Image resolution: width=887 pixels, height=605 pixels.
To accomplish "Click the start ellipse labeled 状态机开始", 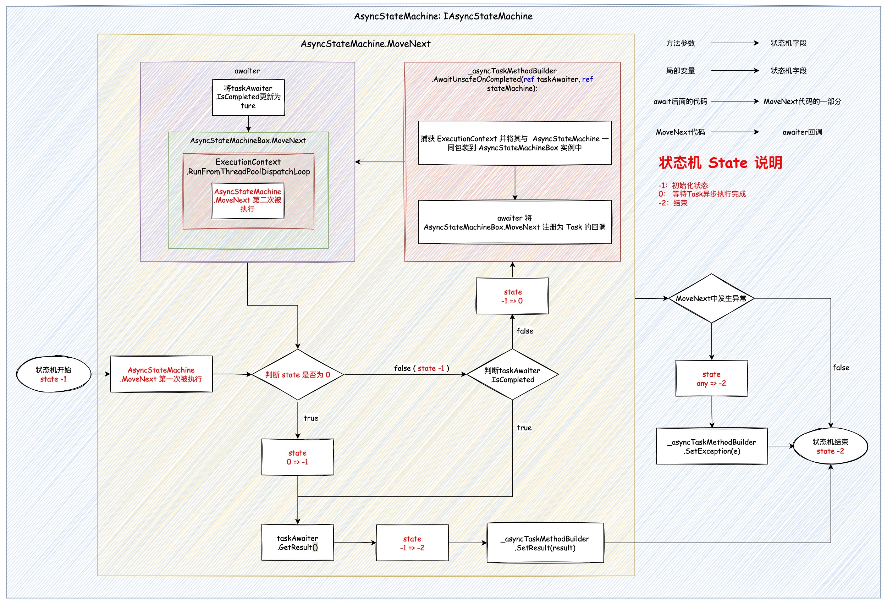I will pyautogui.click(x=54, y=374).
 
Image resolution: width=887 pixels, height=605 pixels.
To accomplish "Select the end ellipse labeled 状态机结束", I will pyautogui.click(x=830, y=446).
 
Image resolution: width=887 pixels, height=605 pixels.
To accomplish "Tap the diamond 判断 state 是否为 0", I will pyautogui.click(x=298, y=375).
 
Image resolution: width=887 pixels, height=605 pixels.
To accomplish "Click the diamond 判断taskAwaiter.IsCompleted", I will pyautogui.click(x=512, y=375).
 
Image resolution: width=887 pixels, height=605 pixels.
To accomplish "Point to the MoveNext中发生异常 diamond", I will pyautogui.click(x=711, y=298).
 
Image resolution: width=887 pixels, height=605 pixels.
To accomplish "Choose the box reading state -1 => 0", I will pyautogui.click(x=512, y=296).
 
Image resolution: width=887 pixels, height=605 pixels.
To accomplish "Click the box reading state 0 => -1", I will pyautogui.click(x=298, y=457).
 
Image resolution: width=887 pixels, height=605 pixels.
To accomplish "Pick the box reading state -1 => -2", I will pyautogui.click(x=412, y=543).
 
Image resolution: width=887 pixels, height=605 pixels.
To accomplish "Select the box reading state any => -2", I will pyautogui.click(x=711, y=379).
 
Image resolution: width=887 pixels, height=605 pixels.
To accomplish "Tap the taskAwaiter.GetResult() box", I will pyautogui.click(x=298, y=543).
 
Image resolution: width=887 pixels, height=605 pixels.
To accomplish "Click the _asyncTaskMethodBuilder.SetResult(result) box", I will pyautogui.click(x=545, y=543).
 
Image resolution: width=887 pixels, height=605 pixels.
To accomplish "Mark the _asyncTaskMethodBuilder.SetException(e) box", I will pyautogui.click(x=712, y=446).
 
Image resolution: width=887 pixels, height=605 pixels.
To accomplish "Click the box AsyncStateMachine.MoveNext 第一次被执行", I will pyautogui.click(x=161, y=374).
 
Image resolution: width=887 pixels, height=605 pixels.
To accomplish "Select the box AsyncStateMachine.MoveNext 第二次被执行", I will pyautogui.click(x=248, y=201).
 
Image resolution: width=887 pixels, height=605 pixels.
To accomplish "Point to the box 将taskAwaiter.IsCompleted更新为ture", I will pyautogui.click(x=248, y=97).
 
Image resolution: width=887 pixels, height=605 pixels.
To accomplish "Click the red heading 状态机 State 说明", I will pyautogui.click(x=721, y=163).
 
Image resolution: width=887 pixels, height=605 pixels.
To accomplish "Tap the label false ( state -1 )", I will pyautogui.click(x=422, y=368).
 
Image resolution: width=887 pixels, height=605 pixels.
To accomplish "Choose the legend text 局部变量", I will pyautogui.click(x=681, y=71).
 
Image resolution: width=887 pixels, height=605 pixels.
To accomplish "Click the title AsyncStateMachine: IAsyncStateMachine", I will pyautogui.click(x=443, y=16).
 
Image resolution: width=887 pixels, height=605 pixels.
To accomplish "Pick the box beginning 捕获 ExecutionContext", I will pyautogui.click(x=514, y=143).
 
